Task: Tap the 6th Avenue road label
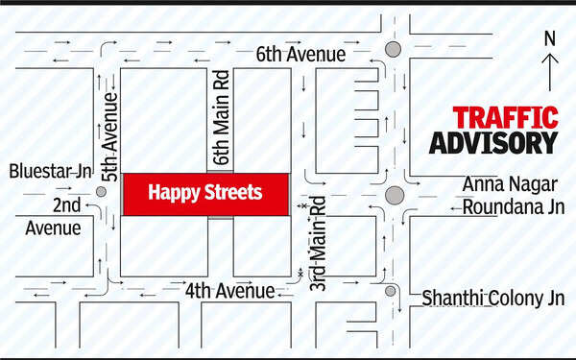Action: [300, 56]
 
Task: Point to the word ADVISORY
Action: [492, 142]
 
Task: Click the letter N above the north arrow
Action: [549, 39]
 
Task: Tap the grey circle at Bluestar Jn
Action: [101, 192]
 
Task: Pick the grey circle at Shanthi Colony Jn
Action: [391, 291]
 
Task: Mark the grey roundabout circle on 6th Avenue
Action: [392, 50]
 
